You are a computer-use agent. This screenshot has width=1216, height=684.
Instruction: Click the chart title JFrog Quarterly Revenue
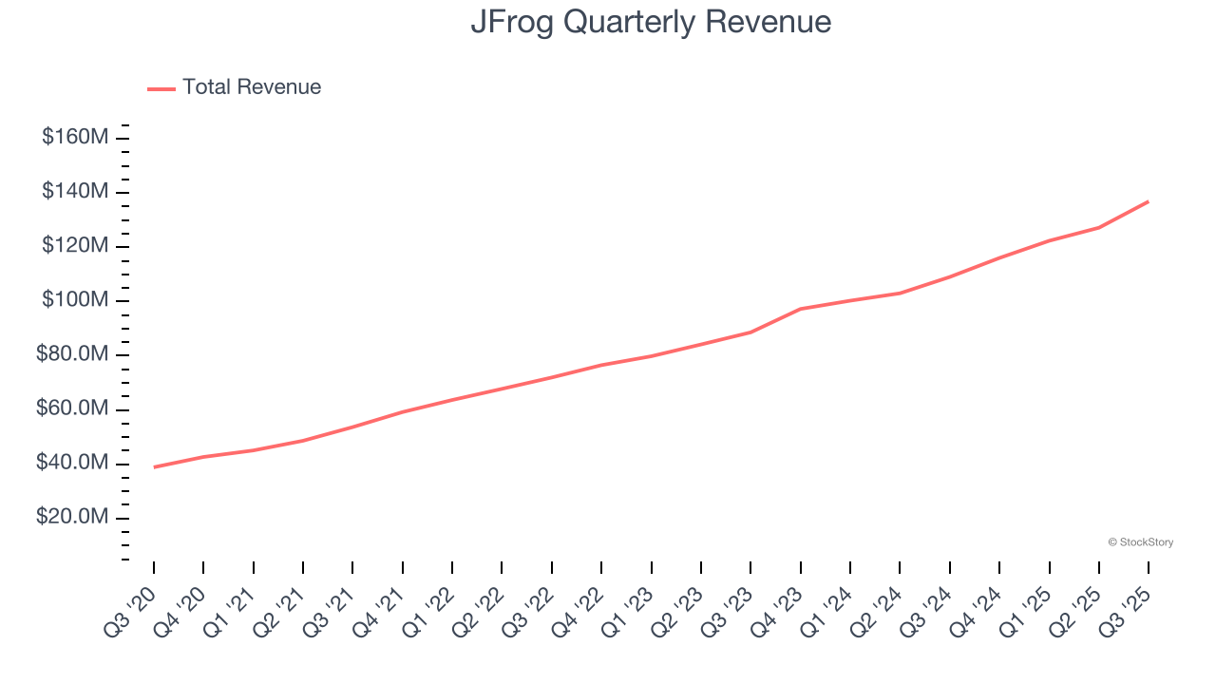(x=651, y=22)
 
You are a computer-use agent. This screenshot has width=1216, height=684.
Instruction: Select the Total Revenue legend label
(x=252, y=87)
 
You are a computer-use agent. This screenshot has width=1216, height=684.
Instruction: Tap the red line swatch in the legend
(x=161, y=88)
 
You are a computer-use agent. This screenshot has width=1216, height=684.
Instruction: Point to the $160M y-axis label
(x=75, y=137)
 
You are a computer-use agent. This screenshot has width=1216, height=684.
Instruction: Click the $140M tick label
(x=75, y=192)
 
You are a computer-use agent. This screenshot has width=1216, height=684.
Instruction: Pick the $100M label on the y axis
(x=75, y=300)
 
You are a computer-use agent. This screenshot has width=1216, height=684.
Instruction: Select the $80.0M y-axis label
(x=72, y=355)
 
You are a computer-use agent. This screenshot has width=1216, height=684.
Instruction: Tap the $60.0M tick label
(x=72, y=409)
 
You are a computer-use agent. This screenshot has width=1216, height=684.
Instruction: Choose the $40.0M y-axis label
(x=72, y=464)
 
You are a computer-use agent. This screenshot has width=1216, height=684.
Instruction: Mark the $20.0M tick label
(x=72, y=518)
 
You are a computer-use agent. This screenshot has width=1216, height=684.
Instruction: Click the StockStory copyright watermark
(x=1140, y=542)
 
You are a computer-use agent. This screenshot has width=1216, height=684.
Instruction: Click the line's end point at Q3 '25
(x=1149, y=201)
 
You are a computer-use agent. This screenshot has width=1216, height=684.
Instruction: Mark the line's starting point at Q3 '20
(x=154, y=466)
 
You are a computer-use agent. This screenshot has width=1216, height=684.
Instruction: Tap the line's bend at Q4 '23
(x=801, y=309)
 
